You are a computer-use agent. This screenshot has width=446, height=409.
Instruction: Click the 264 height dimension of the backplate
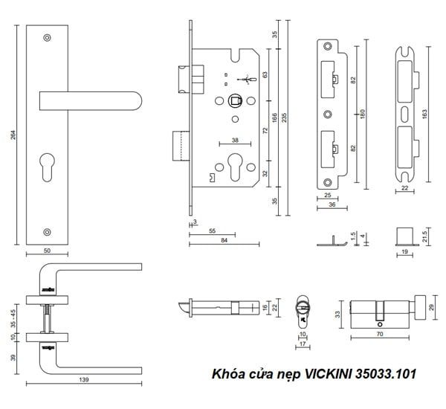13,135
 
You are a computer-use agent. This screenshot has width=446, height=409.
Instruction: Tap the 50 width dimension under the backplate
48,251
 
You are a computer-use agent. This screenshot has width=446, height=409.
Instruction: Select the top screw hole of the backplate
47,38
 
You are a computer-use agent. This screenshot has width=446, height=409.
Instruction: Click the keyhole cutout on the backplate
47,167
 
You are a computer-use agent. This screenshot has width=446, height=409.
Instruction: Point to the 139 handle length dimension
84,379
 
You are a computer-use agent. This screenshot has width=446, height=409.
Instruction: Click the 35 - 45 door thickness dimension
13,318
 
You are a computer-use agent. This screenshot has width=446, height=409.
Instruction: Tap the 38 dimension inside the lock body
235,140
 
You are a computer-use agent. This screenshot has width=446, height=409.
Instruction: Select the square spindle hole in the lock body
235,100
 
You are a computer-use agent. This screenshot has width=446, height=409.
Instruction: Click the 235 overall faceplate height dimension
285,117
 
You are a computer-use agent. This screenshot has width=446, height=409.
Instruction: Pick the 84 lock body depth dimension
224,240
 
